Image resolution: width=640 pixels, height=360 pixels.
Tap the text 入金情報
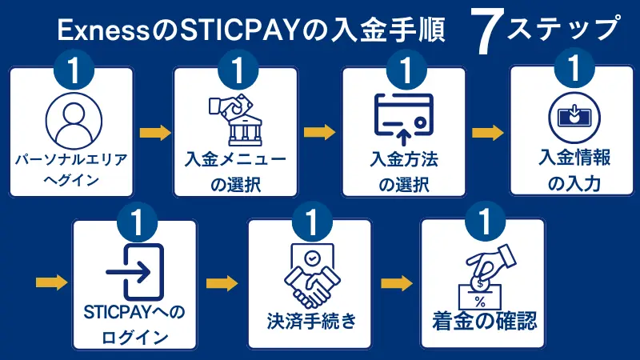(x=573, y=158)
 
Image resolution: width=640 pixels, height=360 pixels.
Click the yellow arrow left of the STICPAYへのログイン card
(x=52, y=282)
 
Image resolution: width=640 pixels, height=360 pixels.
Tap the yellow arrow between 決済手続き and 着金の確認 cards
(x=397, y=282)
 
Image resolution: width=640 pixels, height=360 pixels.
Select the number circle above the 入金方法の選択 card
(x=404, y=70)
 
